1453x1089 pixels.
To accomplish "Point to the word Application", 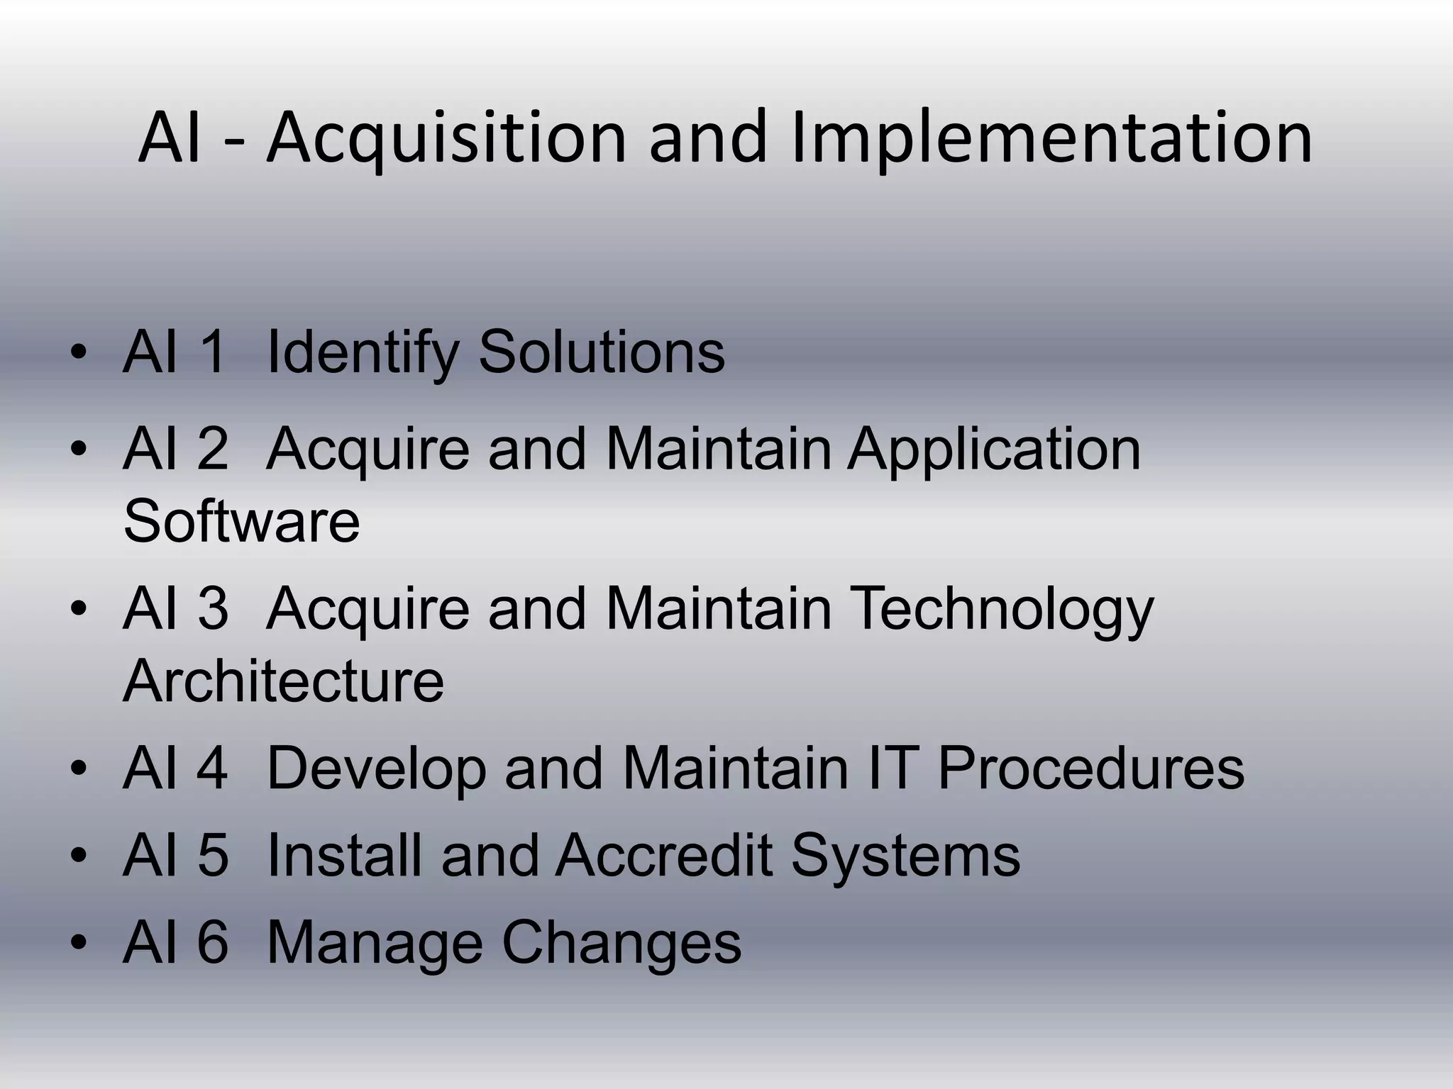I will tap(994, 449).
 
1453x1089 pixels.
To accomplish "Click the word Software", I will tap(241, 521).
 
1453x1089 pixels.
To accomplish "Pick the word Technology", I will tap(1001, 609).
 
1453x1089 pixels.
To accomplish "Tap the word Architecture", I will tap(283, 681).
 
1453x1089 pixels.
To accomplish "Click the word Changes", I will tap(621, 943).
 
